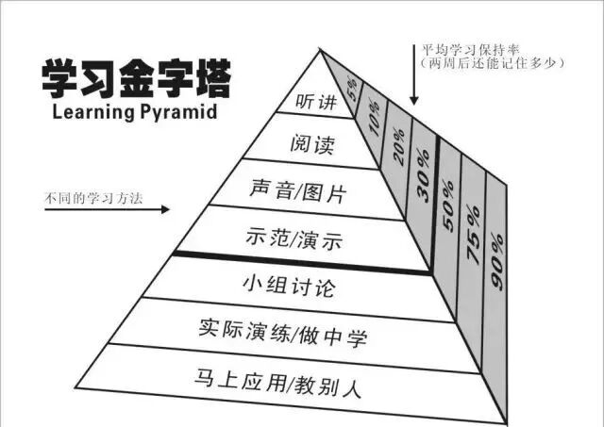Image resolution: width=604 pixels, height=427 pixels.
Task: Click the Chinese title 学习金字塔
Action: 135,79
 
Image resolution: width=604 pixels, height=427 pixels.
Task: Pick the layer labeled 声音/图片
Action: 299,193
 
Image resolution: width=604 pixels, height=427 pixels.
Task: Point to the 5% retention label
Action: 351,90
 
